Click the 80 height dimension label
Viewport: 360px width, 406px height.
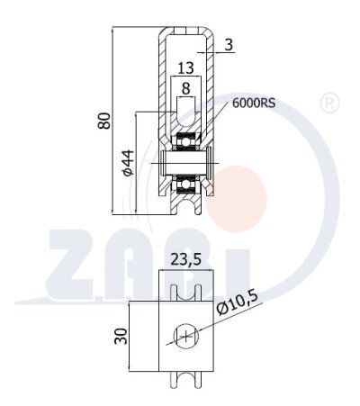click(x=104, y=121)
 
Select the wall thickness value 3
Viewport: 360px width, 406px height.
click(x=229, y=45)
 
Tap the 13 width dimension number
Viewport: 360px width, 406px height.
click(x=186, y=68)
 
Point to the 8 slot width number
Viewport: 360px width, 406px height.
click(x=186, y=89)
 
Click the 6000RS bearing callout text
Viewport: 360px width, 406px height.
click(x=254, y=104)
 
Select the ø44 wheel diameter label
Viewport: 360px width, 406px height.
click(x=128, y=162)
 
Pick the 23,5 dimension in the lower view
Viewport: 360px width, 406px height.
click(x=185, y=259)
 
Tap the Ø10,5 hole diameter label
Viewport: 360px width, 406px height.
click(x=238, y=302)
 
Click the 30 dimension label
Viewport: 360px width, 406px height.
click(x=121, y=337)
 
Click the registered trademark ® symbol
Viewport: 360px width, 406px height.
click(x=329, y=103)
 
